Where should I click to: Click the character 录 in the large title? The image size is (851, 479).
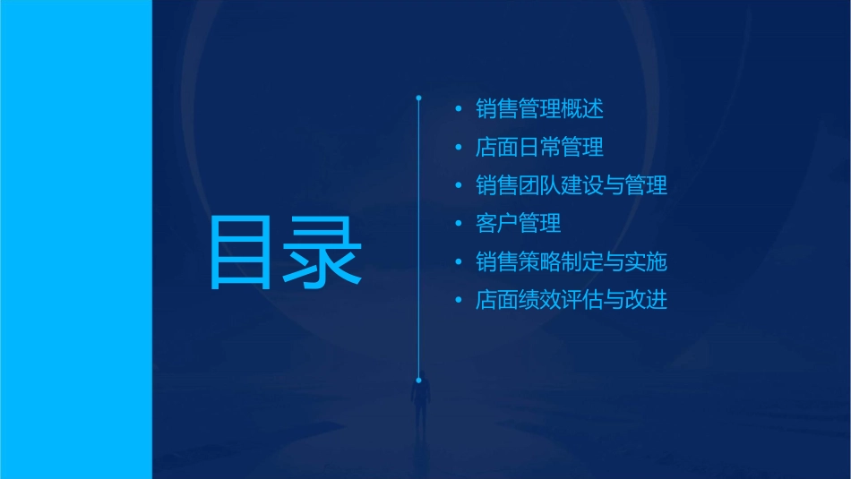pyautogui.click(x=324, y=252)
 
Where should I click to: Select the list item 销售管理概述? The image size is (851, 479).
pyautogui.click(x=539, y=110)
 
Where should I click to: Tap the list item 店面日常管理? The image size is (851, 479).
pyautogui.click(x=539, y=148)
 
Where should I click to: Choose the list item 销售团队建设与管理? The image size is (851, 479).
pyautogui.click(x=572, y=186)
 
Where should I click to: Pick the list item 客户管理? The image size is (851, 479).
pyautogui.click(x=519, y=224)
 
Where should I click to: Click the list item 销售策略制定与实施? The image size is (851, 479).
pyautogui.click(x=572, y=262)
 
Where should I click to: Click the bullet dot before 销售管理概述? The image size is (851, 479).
pyautogui.click(x=459, y=110)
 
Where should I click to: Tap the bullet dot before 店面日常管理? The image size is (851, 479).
pyautogui.click(x=459, y=148)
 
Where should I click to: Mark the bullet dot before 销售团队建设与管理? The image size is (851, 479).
pyautogui.click(x=459, y=186)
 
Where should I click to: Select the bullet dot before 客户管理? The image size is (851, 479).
pyautogui.click(x=459, y=224)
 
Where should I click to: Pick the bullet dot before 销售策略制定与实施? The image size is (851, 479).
pyautogui.click(x=459, y=262)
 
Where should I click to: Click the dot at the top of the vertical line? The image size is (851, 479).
pyautogui.click(x=418, y=95)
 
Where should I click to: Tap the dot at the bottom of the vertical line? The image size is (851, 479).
pyautogui.click(x=418, y=380)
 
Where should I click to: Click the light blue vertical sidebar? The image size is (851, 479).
pyautogui.click(x=75, y=239)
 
